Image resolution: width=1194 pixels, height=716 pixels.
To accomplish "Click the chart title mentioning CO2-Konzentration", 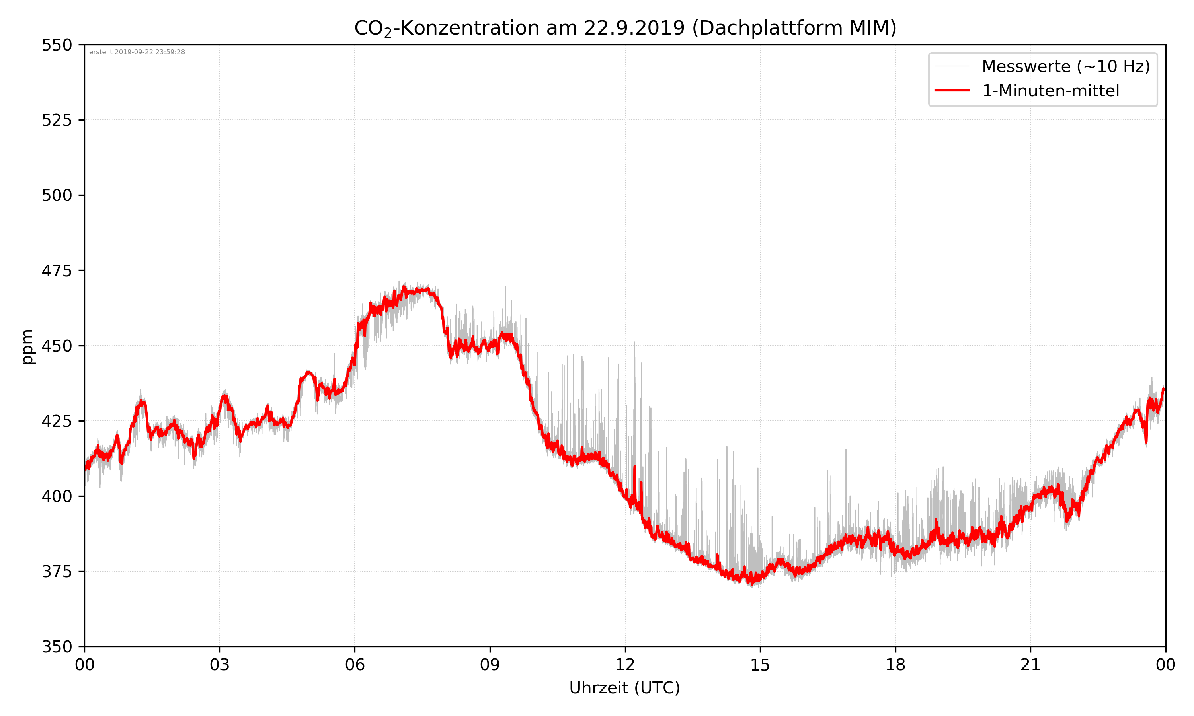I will (625, 28).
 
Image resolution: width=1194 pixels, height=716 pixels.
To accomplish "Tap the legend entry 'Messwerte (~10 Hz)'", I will (1065, 66).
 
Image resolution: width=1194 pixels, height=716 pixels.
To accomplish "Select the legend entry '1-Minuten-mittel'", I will (1050, 91).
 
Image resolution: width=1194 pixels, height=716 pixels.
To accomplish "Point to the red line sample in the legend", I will (952, 91).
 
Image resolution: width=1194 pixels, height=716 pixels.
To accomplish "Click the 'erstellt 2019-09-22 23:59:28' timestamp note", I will (137, 52).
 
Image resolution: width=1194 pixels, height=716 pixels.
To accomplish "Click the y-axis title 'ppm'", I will (27, 346).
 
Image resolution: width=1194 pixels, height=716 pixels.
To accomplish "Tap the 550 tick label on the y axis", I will (57, 45).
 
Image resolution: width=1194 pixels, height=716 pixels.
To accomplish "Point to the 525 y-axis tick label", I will (57, 120).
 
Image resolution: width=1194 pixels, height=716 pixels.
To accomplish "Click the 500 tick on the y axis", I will (57, 195).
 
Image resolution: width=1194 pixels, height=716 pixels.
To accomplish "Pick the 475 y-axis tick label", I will (57, 270).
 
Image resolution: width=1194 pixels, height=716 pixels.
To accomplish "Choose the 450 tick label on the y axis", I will (57, 346).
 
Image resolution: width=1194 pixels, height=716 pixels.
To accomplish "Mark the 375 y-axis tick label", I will (57, 572).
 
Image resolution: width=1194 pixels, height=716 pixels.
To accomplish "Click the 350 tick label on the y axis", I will (57, 646).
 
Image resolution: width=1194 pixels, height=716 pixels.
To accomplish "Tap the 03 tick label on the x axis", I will (220, 665).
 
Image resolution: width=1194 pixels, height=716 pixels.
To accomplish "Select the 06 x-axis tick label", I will (355, 665).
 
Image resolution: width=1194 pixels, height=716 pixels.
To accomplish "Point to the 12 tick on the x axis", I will (625, 665).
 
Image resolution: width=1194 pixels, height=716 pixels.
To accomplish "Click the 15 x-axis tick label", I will (760, 665).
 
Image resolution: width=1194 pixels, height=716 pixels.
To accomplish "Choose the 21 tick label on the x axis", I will (1030, 665).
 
